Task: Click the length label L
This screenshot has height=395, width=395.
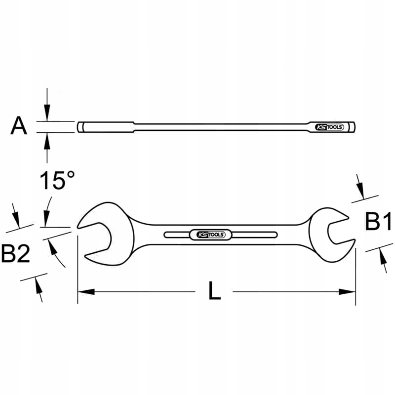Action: tap(214, 292)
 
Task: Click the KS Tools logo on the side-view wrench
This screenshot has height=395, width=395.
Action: tap(327, 127)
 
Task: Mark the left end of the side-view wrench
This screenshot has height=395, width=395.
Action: tap(79, 127)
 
